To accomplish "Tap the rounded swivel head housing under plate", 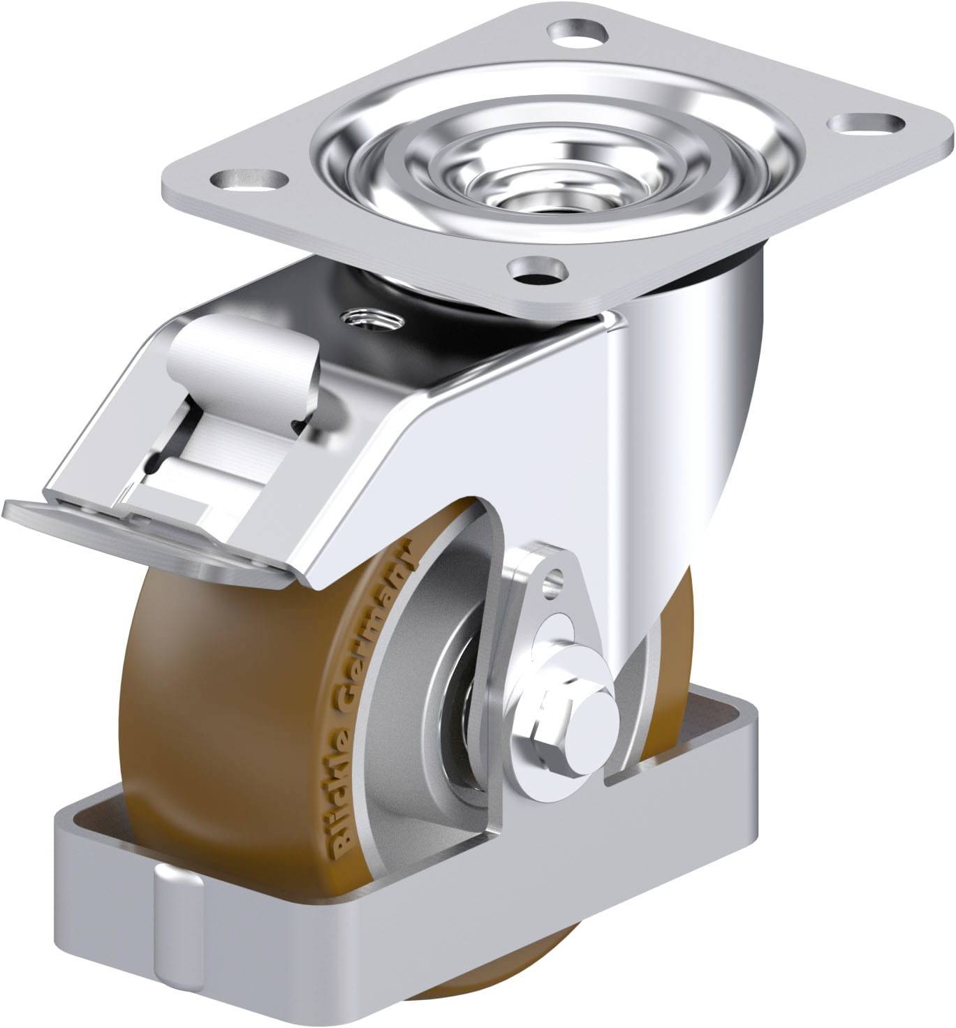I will click(x=698, y=391).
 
